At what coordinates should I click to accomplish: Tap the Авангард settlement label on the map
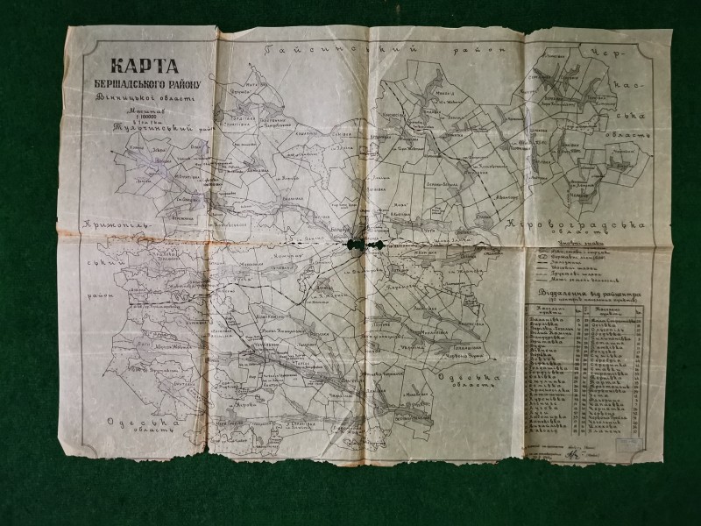[x=496, y=198]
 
